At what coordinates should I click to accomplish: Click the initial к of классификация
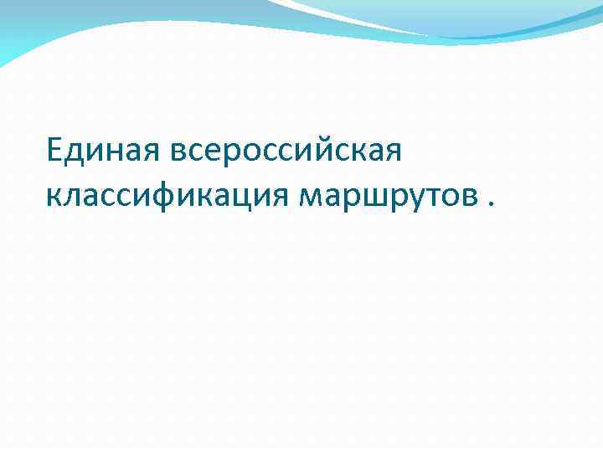54,196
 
